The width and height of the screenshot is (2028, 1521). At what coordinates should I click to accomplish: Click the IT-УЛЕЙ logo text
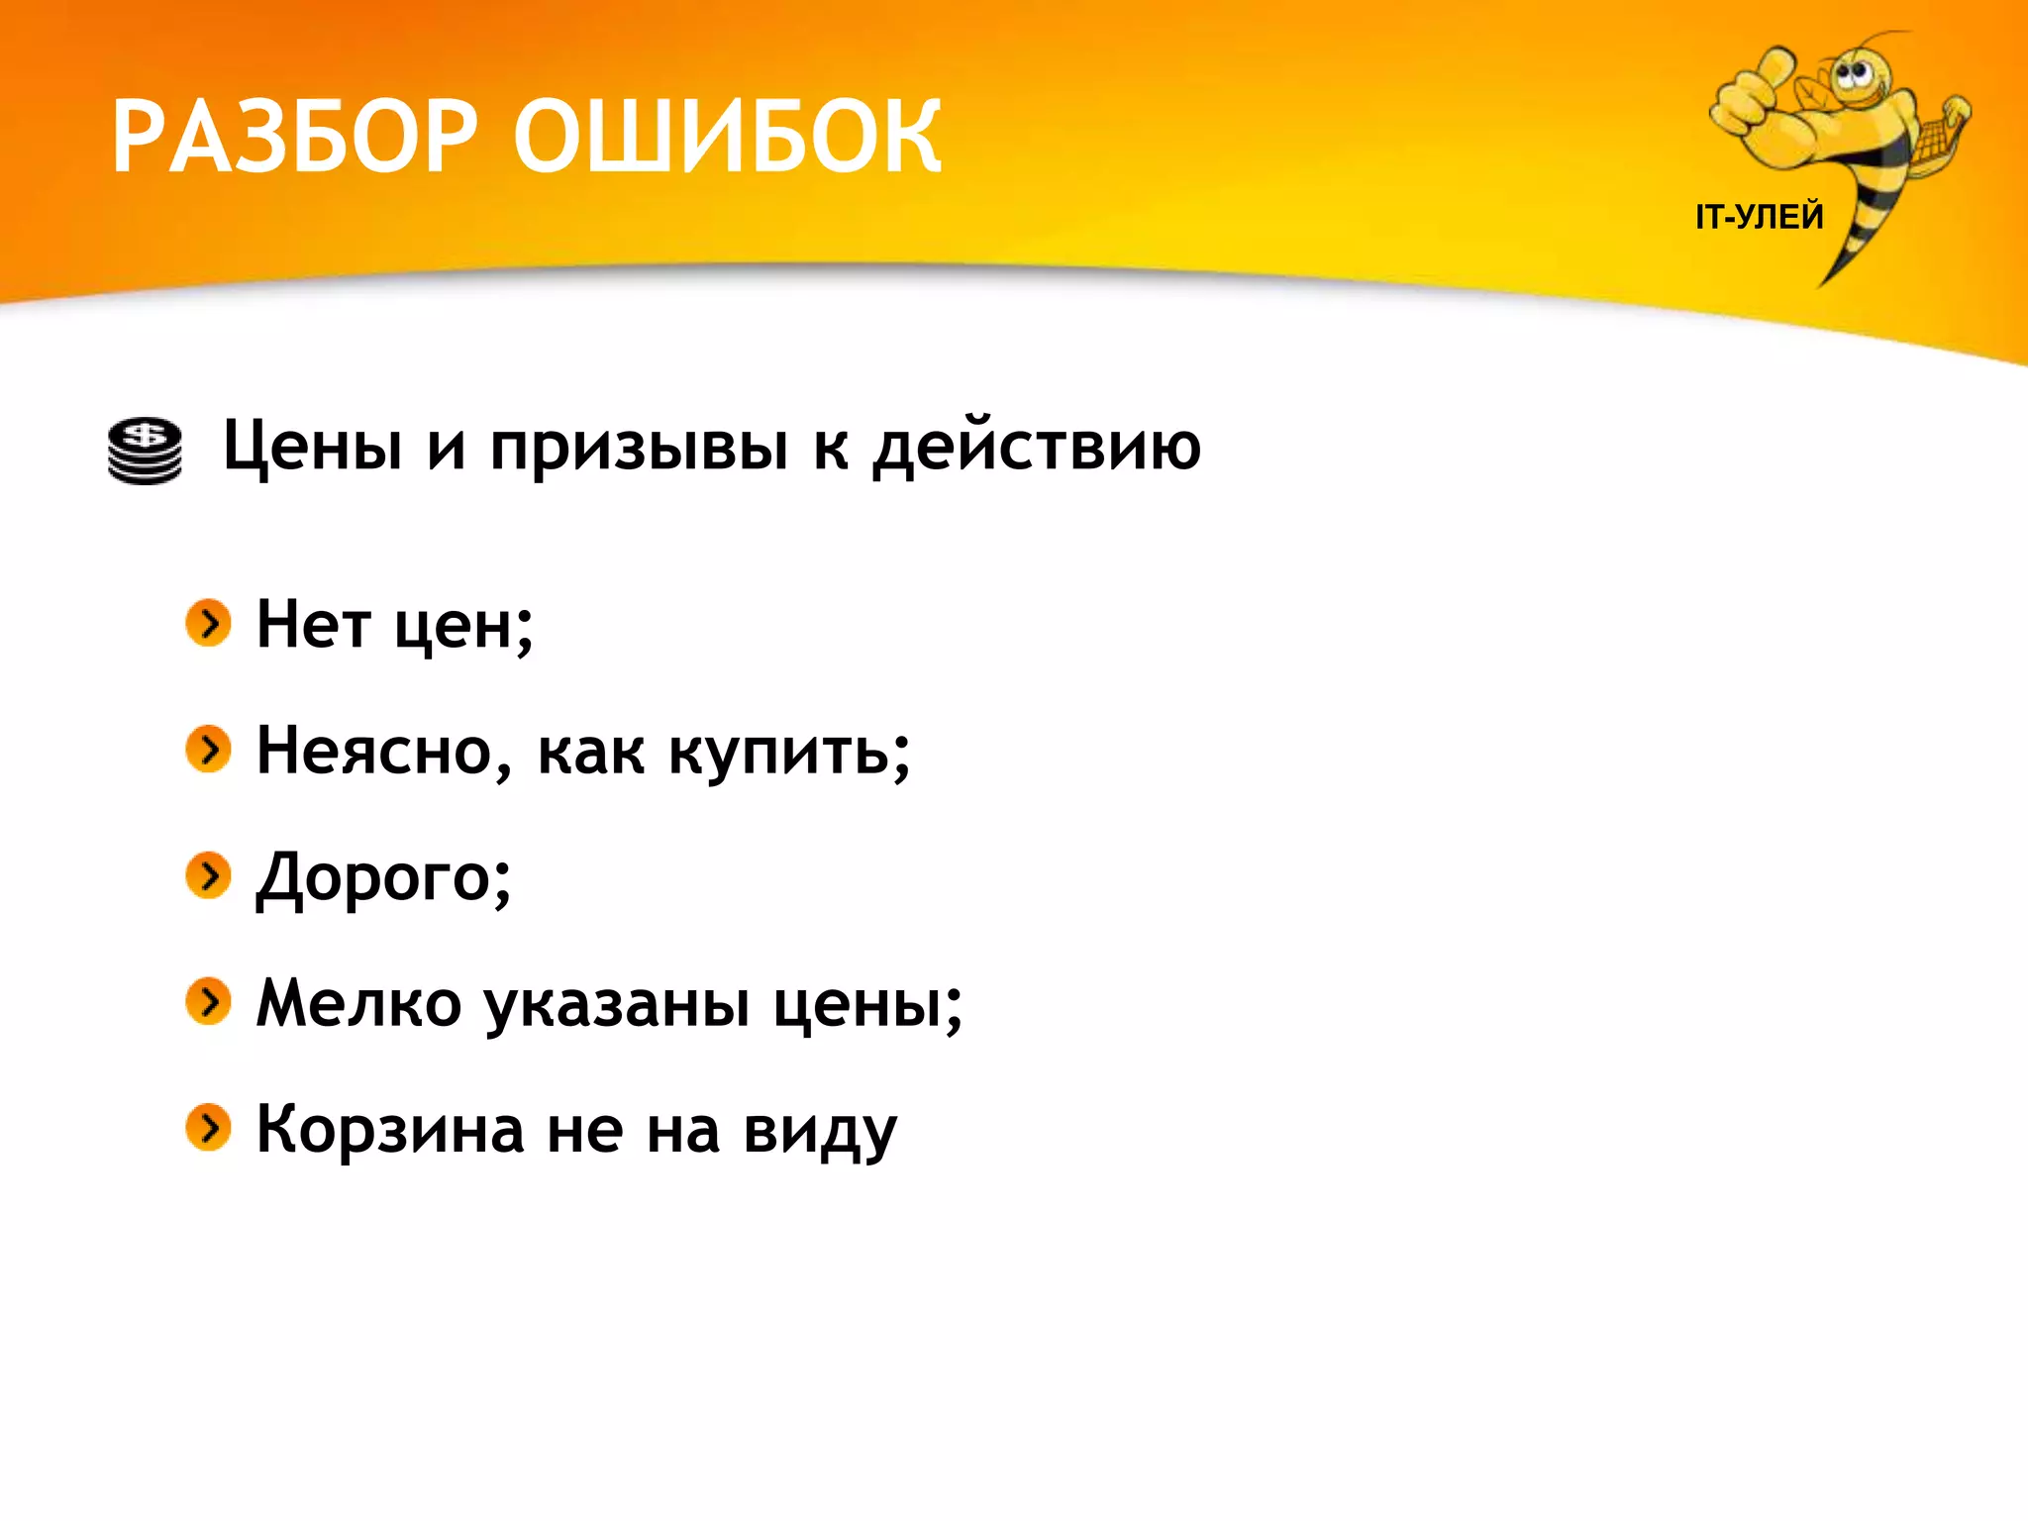tap(1759, 217)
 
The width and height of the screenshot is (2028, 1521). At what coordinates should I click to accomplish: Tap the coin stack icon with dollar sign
tap(145, 451)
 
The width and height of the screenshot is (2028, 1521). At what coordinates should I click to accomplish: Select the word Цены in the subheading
tap(312, 446)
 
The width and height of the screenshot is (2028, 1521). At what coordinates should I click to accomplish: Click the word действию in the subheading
tap(1036, 446)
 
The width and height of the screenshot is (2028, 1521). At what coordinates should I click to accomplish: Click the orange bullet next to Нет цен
tap(208, 623)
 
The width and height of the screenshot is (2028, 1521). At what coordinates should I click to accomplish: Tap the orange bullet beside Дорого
tap(208, 875)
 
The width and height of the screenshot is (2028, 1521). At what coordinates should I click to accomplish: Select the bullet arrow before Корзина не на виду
tap(208, 1128)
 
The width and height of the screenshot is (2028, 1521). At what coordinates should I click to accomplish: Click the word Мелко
tap(358, 1003)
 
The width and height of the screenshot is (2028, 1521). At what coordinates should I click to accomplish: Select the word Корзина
tap(390, 1129)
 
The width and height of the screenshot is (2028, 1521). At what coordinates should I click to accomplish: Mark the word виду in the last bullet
tap(820, 1131)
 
